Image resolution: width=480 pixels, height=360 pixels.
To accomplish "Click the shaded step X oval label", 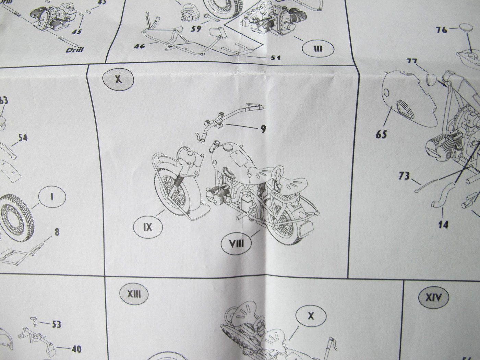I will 118,79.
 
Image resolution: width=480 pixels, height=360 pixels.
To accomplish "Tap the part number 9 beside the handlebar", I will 263,129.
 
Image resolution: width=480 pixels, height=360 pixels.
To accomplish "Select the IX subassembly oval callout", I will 147,227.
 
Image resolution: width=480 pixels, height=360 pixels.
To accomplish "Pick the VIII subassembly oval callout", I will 236,243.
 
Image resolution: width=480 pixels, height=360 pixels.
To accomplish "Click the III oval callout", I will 318,48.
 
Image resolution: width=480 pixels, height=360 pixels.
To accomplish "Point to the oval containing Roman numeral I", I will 52,197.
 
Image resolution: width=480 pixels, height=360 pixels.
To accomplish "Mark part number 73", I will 404,176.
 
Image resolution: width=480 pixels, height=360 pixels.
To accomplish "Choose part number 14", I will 443,225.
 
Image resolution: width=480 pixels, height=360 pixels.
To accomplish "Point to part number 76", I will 442,30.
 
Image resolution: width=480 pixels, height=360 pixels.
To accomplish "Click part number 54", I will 23,138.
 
